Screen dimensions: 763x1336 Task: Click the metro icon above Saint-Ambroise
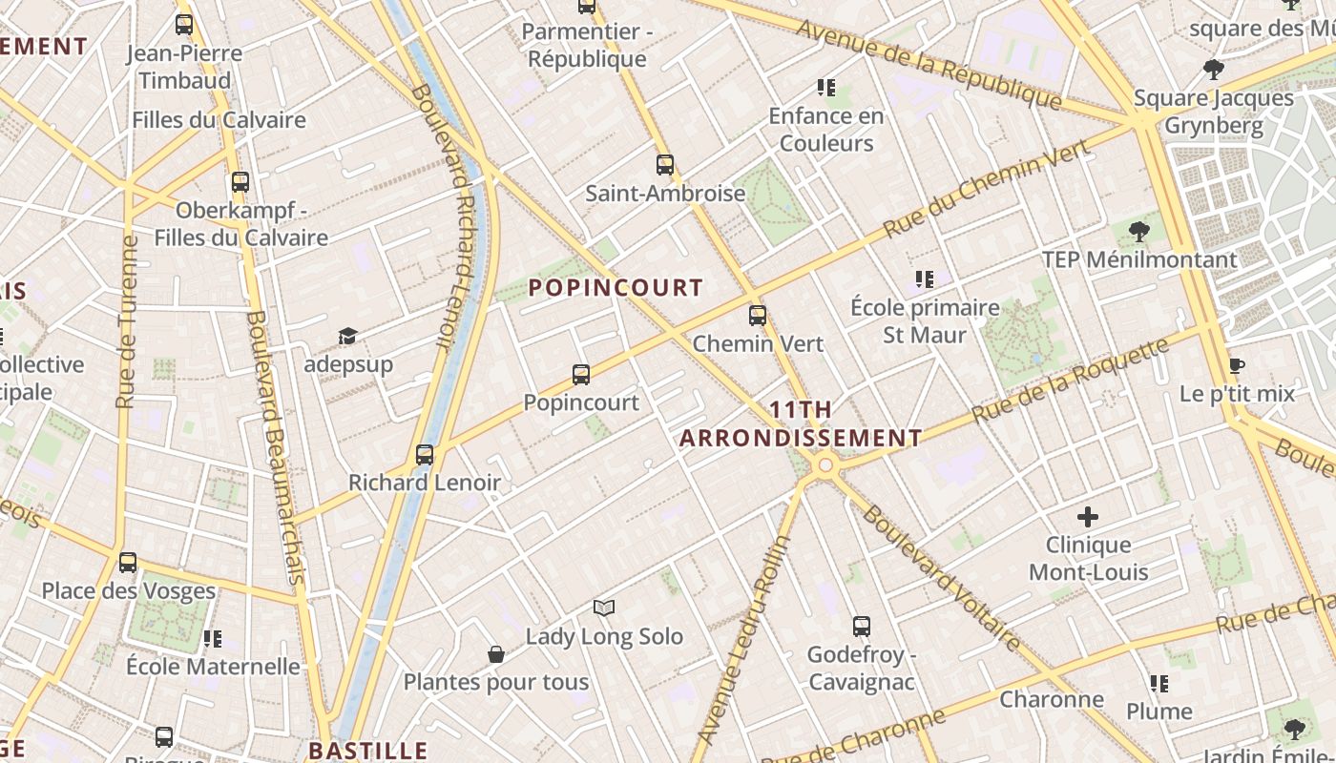pos(665,165)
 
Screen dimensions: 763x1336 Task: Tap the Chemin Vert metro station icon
pos(758,315)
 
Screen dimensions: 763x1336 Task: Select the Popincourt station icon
pos(581,375)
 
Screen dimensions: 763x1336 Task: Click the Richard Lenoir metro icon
pos(425,455)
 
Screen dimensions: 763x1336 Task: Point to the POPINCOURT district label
pos(616,287)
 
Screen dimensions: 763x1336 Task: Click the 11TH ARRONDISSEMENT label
pos(801,424)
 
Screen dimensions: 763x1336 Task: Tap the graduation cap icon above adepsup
pos(347,337)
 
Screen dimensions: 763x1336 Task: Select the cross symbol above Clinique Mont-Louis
pos(1088,518)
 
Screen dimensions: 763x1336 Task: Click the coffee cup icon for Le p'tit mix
pos(1237,366)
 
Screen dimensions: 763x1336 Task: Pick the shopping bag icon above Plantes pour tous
pos(496,654)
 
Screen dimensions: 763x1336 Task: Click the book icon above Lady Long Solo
pos(604,608)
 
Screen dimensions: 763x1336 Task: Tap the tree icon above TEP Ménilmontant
pos(1138,231)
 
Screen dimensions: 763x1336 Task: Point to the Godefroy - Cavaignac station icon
pos(862,627)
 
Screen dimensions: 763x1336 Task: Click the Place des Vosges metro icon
pos(128,563)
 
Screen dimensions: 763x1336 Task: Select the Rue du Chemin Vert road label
pos(986,189)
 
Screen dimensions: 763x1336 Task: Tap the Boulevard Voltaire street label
pos(940,578)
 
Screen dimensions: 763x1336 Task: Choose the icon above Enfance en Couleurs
pos(826,89)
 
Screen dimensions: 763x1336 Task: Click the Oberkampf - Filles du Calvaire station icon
pos(240,181)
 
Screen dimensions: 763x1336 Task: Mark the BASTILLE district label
pos(367,751)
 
